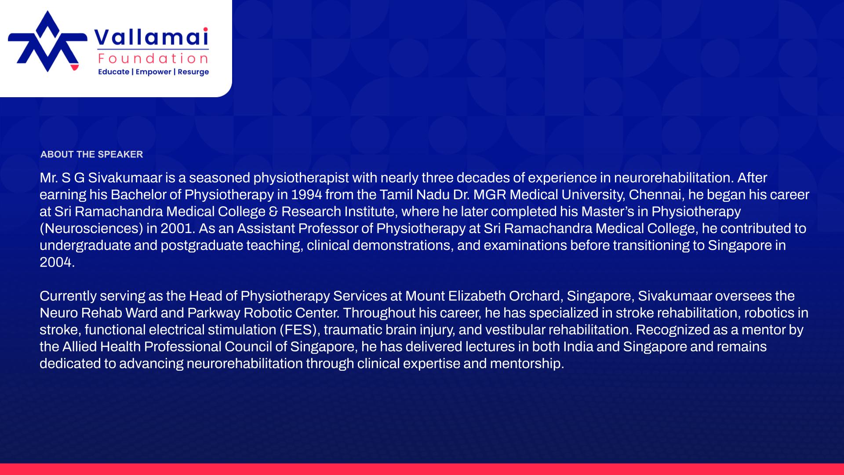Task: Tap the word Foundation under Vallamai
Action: (153, 58)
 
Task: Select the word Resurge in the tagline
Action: (193, 72)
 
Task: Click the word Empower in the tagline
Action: (153, 72)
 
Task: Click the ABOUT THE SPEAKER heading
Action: (91, 154)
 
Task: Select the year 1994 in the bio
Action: (306, 195)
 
